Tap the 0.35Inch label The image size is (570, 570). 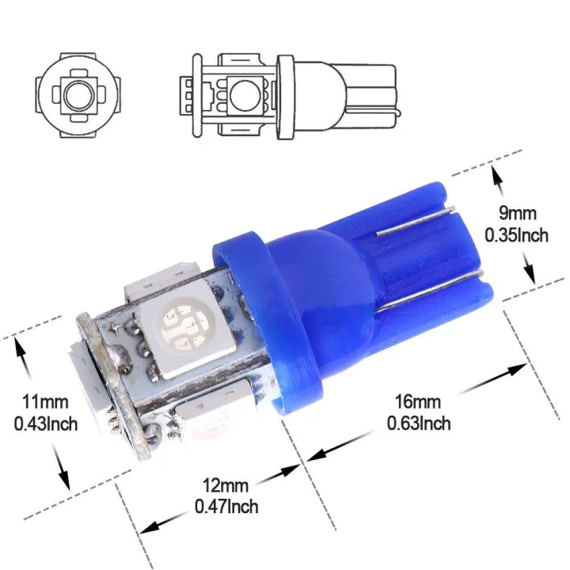(x=515, y=235)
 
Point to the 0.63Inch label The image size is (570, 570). (x=419, y=424)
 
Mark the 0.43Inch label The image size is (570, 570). (x=46, y=424)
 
